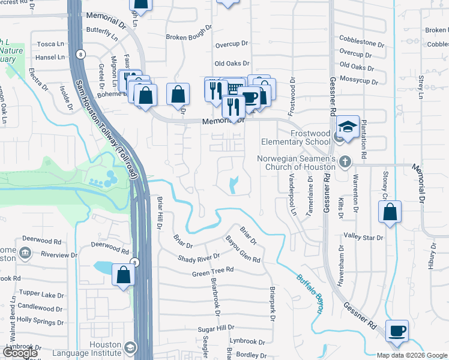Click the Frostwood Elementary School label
pos(295,137)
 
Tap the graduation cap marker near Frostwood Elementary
pos(348,127)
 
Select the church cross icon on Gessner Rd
pos(345,161)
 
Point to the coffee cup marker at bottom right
pos(397,331)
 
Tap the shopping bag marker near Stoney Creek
pos(390,212)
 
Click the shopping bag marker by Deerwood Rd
pos(123,275)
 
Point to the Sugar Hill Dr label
pos(217,329)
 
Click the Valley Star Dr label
pos(363,237)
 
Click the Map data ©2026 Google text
pos(412,355)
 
